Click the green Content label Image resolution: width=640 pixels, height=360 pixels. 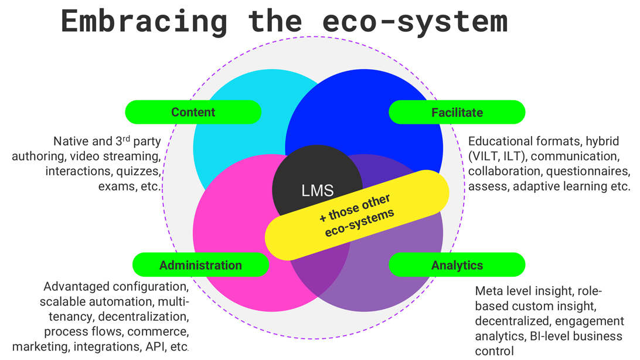coord(193,112)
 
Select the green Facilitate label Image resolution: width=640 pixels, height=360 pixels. coord(457,112)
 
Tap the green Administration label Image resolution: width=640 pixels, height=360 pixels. coord(200,265)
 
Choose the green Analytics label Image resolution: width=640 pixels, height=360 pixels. coord(457,265)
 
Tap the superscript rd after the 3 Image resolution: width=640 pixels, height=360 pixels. coord(120,138)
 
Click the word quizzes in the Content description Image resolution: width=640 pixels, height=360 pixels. coord(138,172)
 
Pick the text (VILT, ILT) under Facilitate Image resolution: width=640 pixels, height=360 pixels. coord(497,157)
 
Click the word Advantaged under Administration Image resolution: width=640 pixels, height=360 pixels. coord(76,287)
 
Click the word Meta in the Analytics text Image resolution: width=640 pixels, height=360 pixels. coord(488,291)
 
